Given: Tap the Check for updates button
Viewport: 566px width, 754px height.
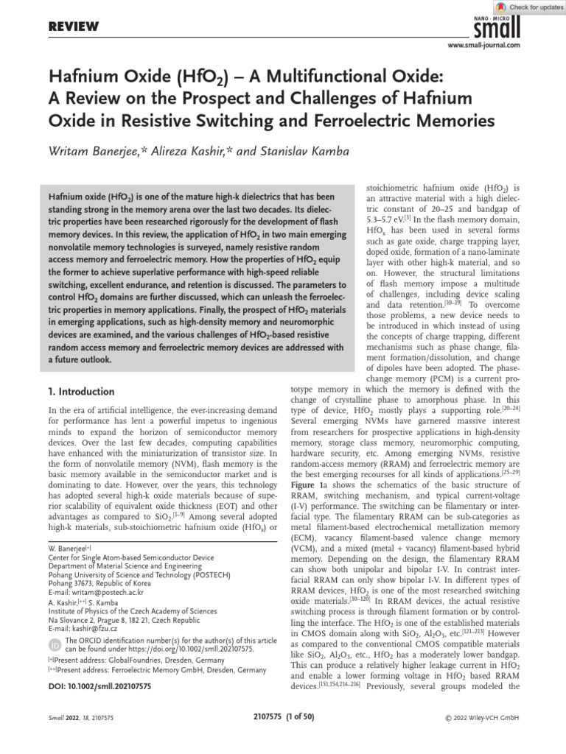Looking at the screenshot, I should point(526,7).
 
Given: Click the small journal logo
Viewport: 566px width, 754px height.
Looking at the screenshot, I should point(500,28).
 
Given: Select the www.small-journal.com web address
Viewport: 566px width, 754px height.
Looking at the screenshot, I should point(484,46).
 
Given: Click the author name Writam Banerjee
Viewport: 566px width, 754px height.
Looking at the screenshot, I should point(106,152).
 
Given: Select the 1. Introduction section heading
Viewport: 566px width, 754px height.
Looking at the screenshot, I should point(81,392).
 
